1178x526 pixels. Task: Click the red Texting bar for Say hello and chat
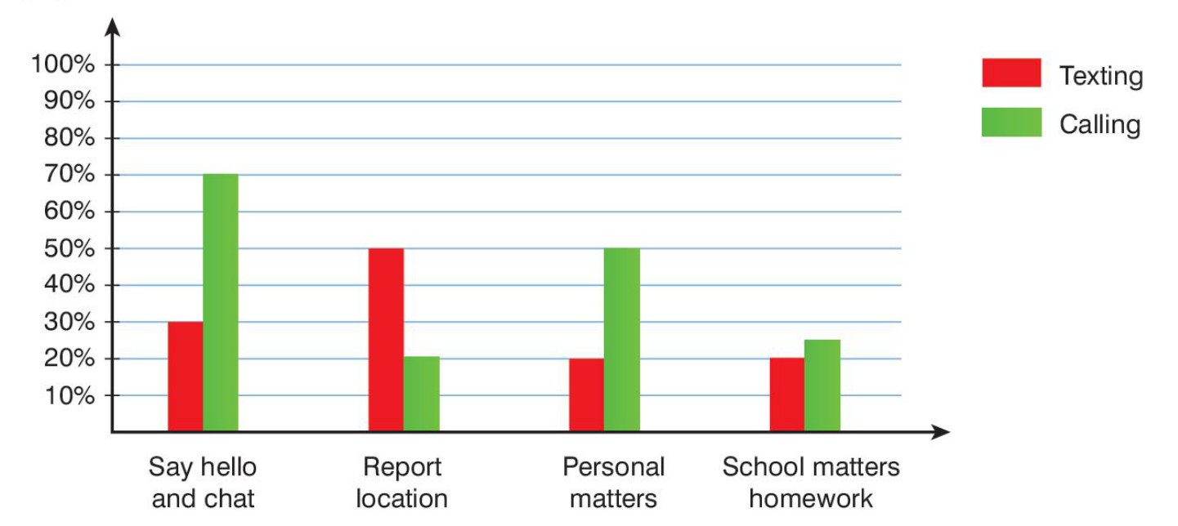point(186,377)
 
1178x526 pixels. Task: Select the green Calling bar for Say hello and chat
point(221,303)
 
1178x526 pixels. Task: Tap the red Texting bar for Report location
point(386,340)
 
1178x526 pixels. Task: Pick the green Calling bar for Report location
point(421,394)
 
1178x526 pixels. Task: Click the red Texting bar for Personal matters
point(587,395)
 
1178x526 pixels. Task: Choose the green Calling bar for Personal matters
point(622,340)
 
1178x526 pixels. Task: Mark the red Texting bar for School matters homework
point(787,395)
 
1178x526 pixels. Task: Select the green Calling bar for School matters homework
point(822,386)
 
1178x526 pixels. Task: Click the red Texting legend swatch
point(1011,73)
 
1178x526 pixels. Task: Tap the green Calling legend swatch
point(1011,122)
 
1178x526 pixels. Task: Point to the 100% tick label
point(63,65)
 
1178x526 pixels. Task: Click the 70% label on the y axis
point(68,175)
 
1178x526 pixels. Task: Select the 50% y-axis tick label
point(68,248)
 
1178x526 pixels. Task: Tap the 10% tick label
point(68,395)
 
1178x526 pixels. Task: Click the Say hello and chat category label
point(203,483)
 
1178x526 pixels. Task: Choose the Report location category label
point(402,483)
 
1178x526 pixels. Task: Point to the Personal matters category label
point(613,483)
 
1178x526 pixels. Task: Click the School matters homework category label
point(811,483)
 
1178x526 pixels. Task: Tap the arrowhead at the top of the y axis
point(114,26)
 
